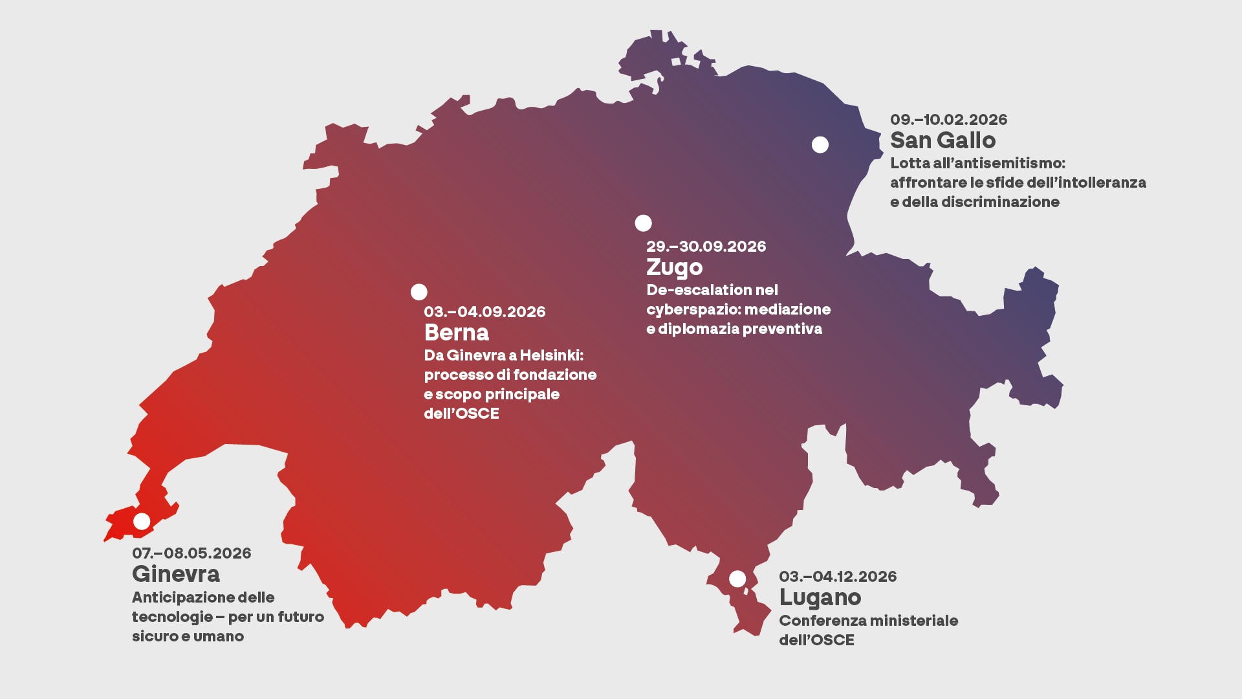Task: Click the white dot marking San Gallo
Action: click(820, 145)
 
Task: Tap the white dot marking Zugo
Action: click(643, 223)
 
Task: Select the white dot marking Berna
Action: click(419, 292)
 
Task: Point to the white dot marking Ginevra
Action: click(142, 521)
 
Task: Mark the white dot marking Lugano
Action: click(737, 579)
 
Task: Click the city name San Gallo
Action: click(942, 140)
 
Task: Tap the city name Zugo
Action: click(674, 267)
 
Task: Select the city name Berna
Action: click(456, 333)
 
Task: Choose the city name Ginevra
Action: click(176, 574)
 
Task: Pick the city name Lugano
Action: click(820, 597)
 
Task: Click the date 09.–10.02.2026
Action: click(948, 120)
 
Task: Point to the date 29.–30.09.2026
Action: click(706, 247)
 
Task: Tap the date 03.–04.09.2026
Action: click(485, 312)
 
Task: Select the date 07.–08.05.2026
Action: click(191, 553)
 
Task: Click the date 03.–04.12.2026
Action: click(838, 577)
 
